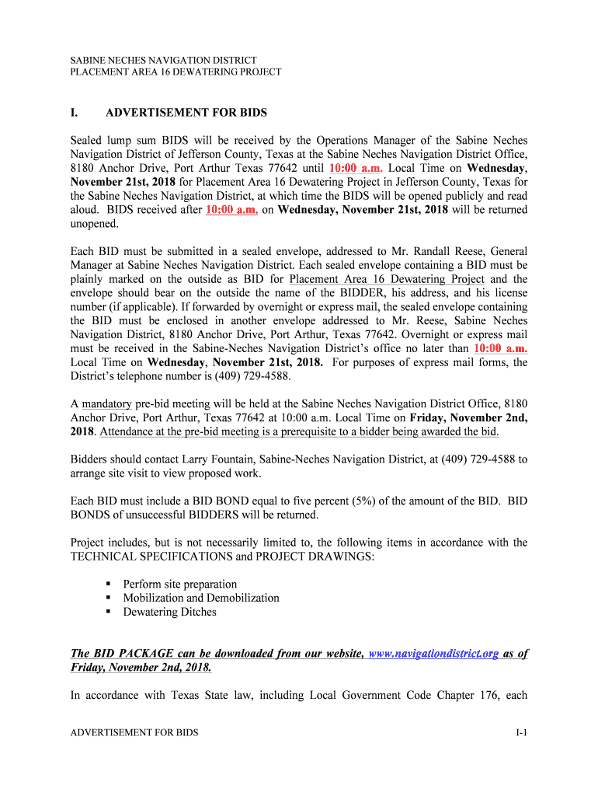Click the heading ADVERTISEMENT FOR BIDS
[186, 113]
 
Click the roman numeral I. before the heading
[74, 113]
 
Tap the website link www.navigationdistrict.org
[433, 654]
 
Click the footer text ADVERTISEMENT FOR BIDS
[134, 732]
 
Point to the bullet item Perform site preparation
[180, 584]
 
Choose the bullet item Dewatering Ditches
[169, 612]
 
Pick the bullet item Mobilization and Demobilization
[201, 598]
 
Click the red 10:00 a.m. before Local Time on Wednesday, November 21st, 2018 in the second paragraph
[500, 349]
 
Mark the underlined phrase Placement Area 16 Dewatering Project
[387, 280]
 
